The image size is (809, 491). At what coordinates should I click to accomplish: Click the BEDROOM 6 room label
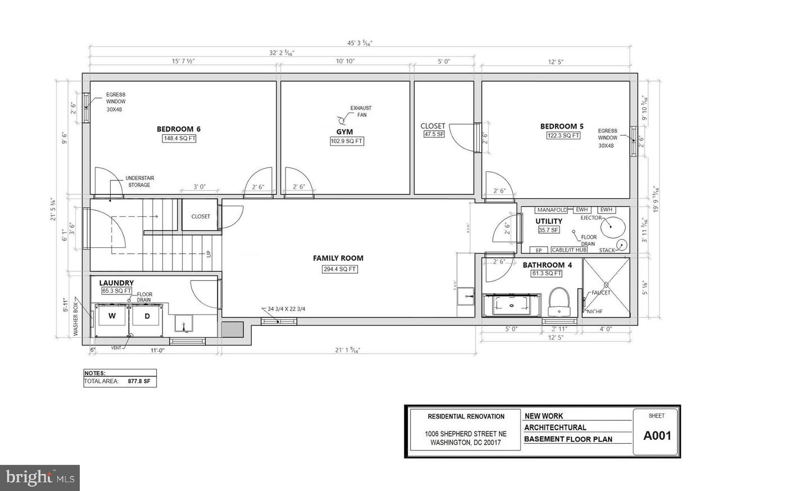(x=179, y=129)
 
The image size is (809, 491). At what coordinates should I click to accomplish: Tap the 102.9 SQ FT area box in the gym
(x=347, y=141)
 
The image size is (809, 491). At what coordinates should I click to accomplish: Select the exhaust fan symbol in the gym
(x=341, y=120)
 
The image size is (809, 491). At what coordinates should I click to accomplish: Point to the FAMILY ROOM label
(x=338, y=258)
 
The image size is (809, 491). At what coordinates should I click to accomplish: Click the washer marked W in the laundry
(x=112, y=316)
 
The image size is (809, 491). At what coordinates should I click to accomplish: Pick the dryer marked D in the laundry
(x=147, y=316)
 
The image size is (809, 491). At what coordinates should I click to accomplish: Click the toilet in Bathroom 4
(x=558, y=302)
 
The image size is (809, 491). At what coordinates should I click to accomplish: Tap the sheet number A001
(x=657, y=435)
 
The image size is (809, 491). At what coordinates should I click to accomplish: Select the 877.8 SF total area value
(x=139, y=381)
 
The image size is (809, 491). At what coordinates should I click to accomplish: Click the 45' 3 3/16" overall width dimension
(x=360, y=43)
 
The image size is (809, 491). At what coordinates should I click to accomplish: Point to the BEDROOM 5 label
(x=562, y=126)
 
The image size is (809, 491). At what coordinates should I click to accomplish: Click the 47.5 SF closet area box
(x=434, y=134)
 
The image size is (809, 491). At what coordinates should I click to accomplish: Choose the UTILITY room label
(x=549, y=221)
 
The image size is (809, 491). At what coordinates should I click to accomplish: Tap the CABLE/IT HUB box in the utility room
(x=569, y=250)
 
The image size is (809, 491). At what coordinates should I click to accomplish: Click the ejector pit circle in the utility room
(x=612, y=228)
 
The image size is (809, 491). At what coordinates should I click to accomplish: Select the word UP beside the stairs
(x=209, y=254)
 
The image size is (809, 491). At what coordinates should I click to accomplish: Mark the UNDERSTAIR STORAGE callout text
(x=139, y=181)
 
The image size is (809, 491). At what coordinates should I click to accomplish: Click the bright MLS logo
(x=39, y=478)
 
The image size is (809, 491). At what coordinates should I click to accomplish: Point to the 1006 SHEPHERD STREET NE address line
(x=466, y=434)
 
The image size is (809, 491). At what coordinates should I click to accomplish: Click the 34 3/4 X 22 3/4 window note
(x=287, y=309)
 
